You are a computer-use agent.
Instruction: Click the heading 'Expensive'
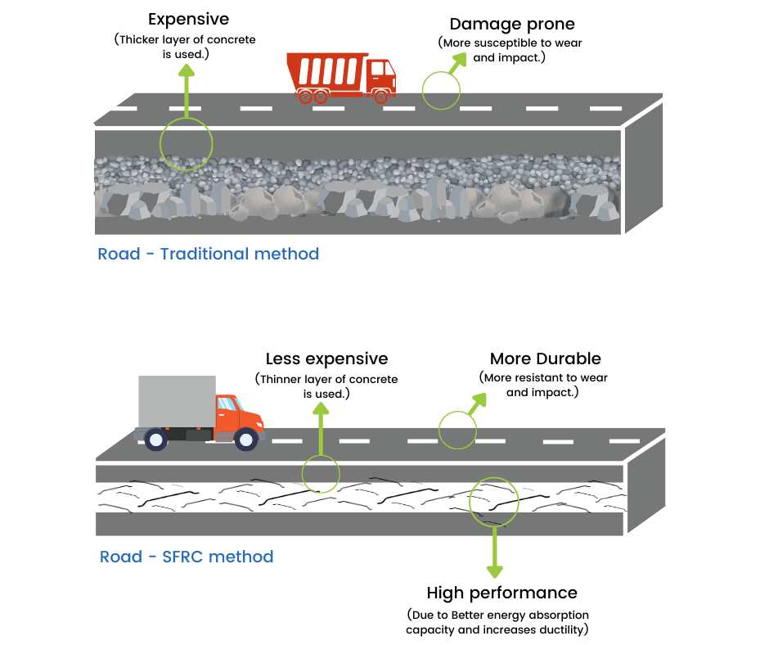(x=188, y=19)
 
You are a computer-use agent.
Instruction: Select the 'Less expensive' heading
(x=326, y=359)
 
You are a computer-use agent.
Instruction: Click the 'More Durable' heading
(x=545, y=359)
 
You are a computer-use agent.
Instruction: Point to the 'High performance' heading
(x=501, y=593)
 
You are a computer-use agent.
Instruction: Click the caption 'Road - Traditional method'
(x=208, y=254)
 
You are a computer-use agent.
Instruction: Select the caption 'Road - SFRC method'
(x=187, y=557)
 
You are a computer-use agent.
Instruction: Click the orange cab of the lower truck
(x=237, y=413)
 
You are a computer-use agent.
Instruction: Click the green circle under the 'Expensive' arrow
(x=186, y=144)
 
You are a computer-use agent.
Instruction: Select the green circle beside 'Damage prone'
(x=441, y=89)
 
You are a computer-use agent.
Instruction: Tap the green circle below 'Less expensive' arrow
(x=321, y=473)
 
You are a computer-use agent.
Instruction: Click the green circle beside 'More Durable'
(x=457, y=430)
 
